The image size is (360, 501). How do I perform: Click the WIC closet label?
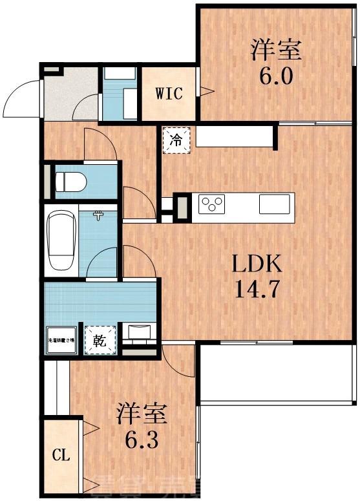pyautogui.click(x=169, y=93)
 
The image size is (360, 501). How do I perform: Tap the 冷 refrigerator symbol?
pyautogui.click(x=176, y=140)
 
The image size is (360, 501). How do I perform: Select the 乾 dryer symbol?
pyautogui.click(x=101, y=339)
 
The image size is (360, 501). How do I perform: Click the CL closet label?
pyautogui.click(x=60, y=455)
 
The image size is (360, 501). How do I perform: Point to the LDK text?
pyautogui.click(x=257, y=264)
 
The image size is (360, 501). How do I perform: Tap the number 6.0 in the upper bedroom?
pyautogui.click(x=277, y=76)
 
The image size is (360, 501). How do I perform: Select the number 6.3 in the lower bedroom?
pyautogui.click(x=142, y=444)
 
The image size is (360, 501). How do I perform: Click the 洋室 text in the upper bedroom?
pyautogui.click(x=277, y=49)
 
